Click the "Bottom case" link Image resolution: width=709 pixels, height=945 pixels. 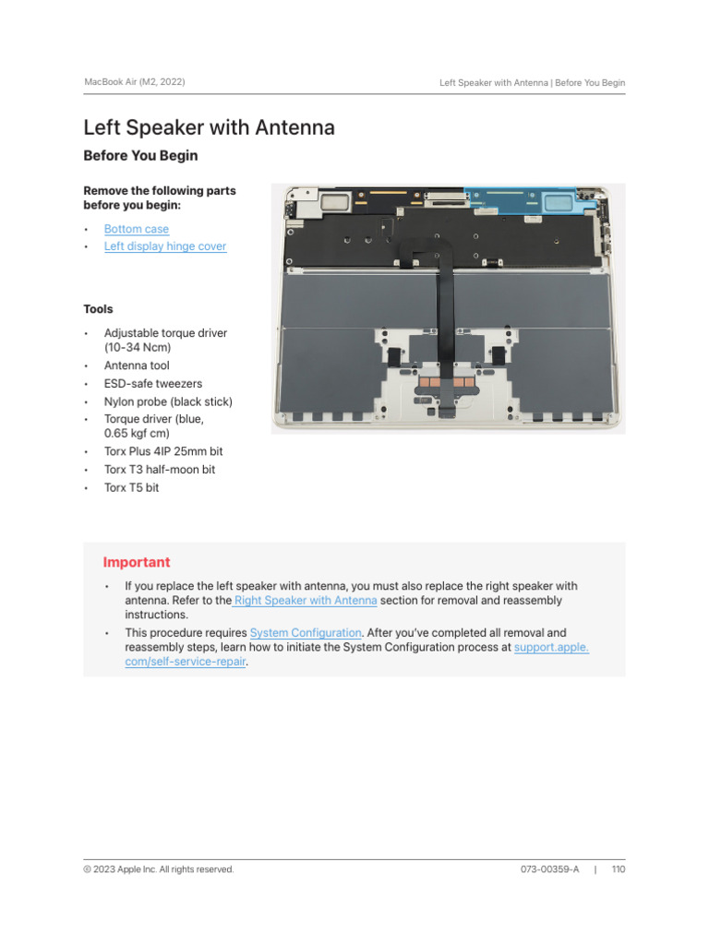137,229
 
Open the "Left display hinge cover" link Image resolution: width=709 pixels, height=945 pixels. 165,246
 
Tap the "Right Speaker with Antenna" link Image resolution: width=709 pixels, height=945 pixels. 306,600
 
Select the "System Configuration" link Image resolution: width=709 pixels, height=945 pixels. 306,633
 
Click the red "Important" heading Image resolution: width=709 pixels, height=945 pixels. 137,562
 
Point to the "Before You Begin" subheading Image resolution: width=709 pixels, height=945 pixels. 140,156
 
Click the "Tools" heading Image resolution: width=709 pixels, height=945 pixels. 99,309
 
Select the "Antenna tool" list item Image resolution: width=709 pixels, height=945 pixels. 137,365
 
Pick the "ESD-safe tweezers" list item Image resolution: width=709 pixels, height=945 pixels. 153,383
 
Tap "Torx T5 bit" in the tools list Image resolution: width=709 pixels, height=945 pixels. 131,487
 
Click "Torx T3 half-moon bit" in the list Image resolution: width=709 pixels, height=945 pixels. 160,470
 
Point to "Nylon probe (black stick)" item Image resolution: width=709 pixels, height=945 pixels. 168,401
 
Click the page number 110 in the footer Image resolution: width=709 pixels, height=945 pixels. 619,869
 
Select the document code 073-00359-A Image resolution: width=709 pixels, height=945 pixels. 549,869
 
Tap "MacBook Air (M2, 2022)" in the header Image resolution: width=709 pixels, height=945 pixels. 134,82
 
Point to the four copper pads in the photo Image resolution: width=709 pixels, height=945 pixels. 447,380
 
